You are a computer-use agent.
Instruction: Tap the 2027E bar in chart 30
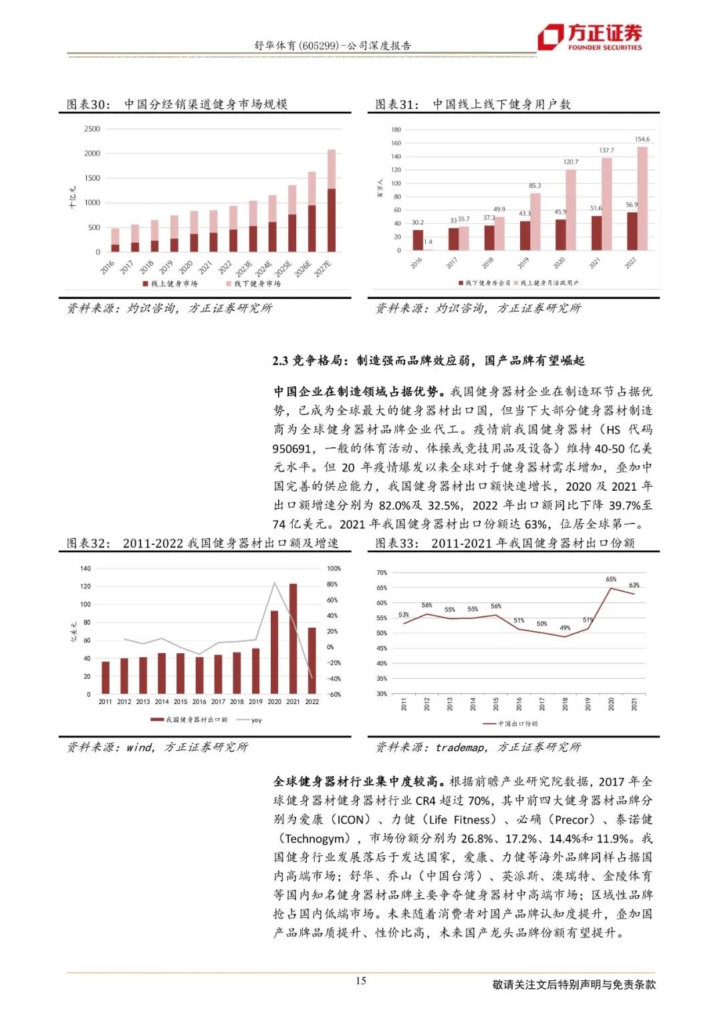[332, 201]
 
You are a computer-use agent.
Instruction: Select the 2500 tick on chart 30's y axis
[92, 129]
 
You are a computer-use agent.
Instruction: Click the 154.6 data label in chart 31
[642, 140]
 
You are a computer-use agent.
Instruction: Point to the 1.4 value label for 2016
[428, 242]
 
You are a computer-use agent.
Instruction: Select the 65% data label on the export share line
[611, 579]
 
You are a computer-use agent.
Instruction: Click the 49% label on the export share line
[565, 628]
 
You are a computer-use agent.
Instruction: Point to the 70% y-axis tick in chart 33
[382, 573]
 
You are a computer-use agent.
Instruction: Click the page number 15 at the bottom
[361, 981]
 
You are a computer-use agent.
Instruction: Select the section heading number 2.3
[280, 361]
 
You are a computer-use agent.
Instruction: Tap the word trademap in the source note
[461, 748]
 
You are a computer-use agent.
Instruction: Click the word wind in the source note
[140, 748]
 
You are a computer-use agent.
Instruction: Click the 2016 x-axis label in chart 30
[108, 267]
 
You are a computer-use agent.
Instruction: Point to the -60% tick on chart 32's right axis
[333, 695]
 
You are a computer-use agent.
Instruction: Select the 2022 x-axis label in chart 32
[312, 702]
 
